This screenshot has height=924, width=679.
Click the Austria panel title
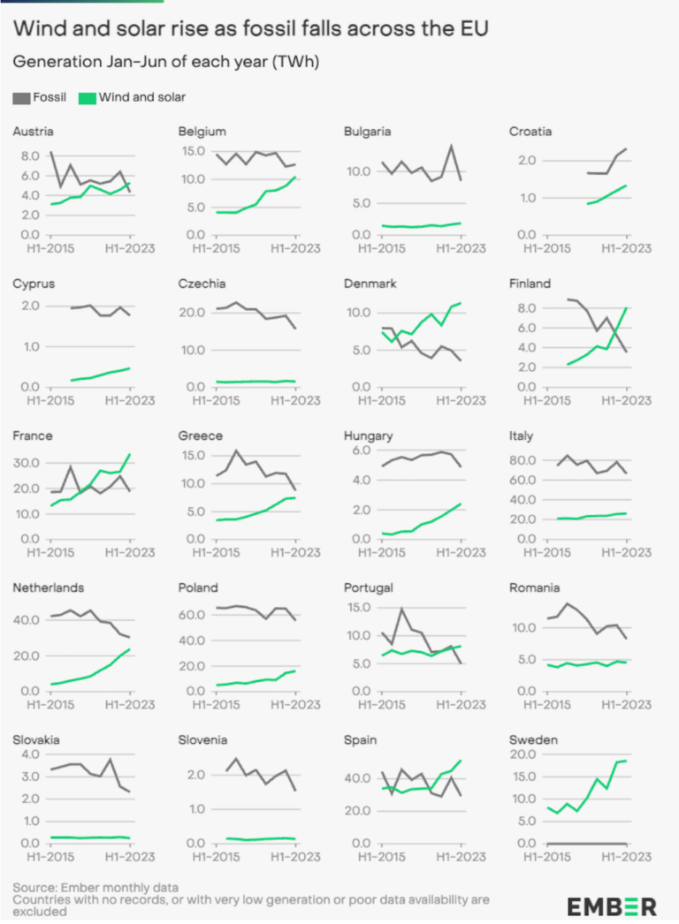tap(34, 132)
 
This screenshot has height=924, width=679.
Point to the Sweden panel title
tap(532, 738)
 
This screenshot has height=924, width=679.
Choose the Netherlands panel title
tap(46, 587)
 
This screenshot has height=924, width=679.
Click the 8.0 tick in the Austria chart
tap(29, 155)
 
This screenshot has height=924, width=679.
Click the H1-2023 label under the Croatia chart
tap(627, 248)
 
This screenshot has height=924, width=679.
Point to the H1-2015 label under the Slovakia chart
tap(51, 857)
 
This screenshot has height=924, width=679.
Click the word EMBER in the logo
tap(611, 905)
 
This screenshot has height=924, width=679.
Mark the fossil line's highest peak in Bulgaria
tap(452, 146)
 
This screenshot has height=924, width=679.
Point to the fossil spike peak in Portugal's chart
tap(402, 609)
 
